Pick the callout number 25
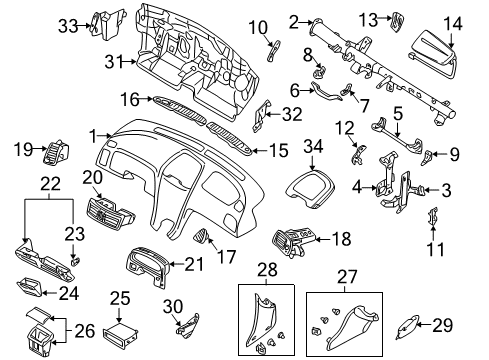click(x=120, y=298)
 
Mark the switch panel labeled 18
click(x=294, y=240)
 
